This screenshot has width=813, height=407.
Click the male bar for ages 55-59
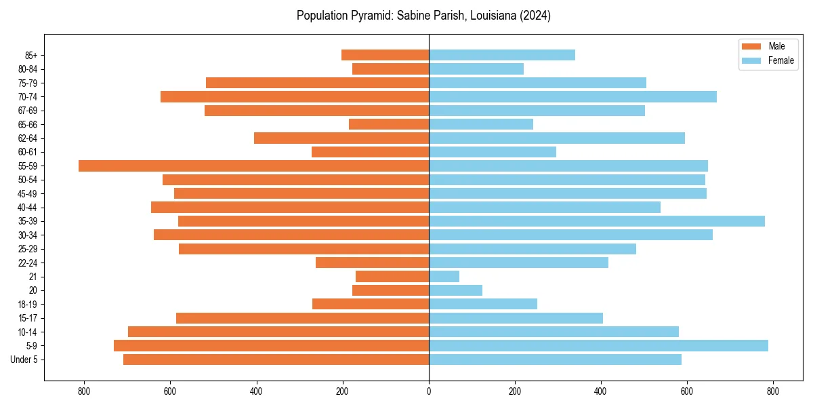click(x=253, y=166)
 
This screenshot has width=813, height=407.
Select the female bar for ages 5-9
click(x=598, y=345)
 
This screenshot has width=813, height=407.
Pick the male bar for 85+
click(x=385, y=55)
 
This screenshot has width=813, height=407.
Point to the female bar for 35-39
click(x=596, y=221)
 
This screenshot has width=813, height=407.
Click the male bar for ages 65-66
click(x=389, y=124)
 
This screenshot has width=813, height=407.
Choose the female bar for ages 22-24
click(x=518, y=263)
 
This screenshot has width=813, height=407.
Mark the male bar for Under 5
click(x=276, y=360)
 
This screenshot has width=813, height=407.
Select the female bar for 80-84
click(x=476, y=69)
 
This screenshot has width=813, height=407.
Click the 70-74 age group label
click(x=28, y=97)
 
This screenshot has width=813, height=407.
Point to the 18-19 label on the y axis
click(x=28, y=304)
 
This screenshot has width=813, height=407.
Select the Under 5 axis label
click(x=24, y=360)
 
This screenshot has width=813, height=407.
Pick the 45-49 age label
click(x=28, y=193)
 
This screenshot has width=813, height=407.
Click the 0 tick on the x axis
click(x=429, y=391)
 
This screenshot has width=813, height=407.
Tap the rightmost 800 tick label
click(x=773, y=391)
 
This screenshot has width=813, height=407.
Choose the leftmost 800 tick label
click(x=84, y=391)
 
